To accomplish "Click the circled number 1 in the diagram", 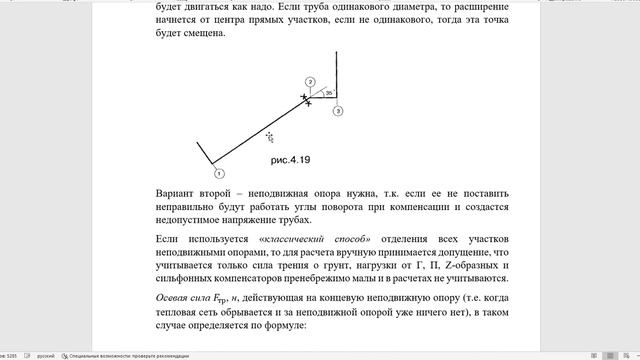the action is pos(217,173).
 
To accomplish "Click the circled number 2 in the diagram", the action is pos(310,82).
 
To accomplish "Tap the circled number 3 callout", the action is pos(338,112).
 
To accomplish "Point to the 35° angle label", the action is pos(328,92).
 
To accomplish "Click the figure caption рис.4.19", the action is pos(291,160).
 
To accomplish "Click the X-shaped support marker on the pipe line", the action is pos(305,99).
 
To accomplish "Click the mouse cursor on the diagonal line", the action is pos(269,136).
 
